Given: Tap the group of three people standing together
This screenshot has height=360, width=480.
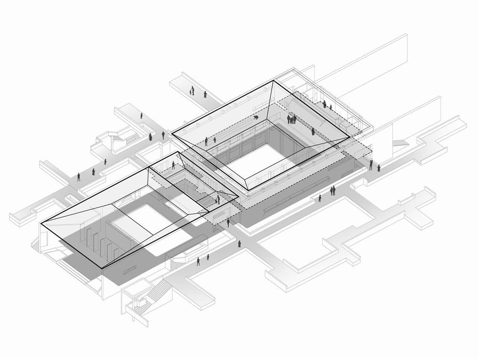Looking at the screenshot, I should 292,119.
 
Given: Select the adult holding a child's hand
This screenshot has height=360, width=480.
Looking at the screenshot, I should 191,91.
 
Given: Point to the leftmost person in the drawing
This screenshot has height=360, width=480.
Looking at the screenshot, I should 79,176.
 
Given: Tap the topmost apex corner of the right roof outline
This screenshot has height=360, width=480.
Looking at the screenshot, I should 274,81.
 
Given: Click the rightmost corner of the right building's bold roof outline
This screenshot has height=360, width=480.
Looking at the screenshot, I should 349,137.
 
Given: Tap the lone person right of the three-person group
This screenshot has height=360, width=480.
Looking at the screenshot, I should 313,131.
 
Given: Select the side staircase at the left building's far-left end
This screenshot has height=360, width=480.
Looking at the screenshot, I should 36,245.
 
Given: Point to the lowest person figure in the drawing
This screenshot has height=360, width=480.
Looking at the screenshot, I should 198,261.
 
